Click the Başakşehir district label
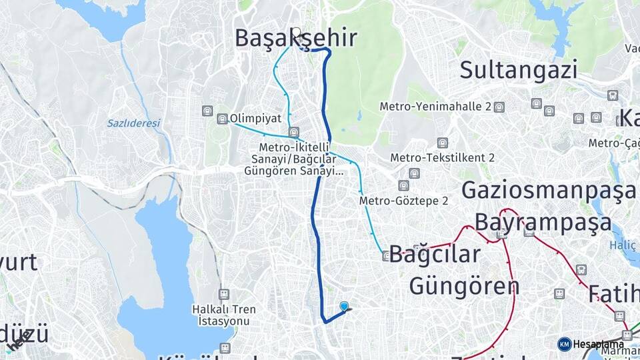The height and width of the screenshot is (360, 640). [295, 38]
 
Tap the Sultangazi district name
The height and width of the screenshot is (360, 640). [518, 69]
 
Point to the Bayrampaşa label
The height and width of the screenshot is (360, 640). [543, 221]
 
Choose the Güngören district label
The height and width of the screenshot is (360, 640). [464, 286]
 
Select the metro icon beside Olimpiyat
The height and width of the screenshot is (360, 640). [222, 119]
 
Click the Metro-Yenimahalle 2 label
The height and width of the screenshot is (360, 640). [435, 107]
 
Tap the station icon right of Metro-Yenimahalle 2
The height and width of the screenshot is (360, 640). [499, 107]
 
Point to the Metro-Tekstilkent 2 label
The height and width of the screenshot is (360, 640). [442, 157]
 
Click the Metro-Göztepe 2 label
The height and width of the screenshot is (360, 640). [403, 200]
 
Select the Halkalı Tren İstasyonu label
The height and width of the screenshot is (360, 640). [220, 315]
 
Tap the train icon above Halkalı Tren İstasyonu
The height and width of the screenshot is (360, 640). [223, 293]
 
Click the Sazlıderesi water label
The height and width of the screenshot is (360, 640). [134, 123]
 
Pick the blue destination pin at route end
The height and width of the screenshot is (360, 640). [344, 306]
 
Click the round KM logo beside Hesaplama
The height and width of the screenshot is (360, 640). [565, 344]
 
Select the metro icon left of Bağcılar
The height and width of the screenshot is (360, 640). [386, 255]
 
